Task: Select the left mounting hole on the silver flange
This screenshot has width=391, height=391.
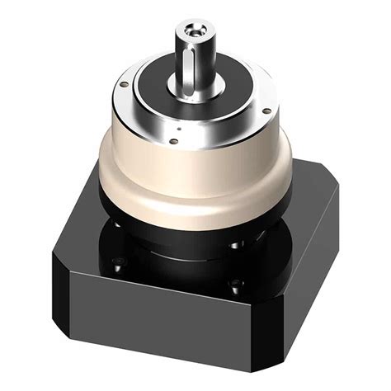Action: tap(123, 83)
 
